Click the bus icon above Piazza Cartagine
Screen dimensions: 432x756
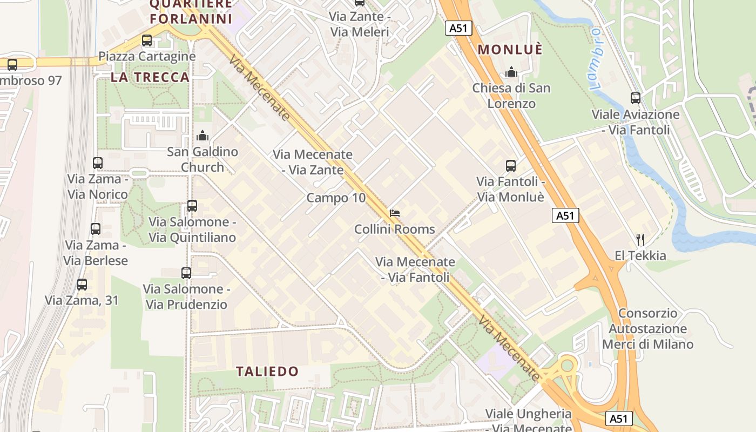coord(146,40)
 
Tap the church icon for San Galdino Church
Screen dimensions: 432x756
coord(202,136)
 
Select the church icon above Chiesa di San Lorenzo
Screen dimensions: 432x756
coord(511,72)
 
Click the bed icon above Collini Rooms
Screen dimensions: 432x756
coord(395,213)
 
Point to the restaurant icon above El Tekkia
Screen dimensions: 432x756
coord(640,239)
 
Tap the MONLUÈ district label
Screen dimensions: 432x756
coord(510,50)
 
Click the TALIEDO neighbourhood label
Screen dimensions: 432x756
coord(267,372)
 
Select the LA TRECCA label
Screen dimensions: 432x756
coord(150,77)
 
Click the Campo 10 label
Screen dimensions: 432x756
coord(336,198)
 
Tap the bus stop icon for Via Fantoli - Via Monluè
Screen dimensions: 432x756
coord(510,166)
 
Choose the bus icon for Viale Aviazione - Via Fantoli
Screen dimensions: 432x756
coord(636,98)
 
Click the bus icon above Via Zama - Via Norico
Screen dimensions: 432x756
coord(97,163)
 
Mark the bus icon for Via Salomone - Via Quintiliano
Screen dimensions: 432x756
coord(192,206)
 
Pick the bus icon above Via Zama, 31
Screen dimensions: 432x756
coord(82,285)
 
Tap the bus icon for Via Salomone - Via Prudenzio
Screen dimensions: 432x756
coord(186,273)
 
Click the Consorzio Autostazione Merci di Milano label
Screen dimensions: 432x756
coord(647,329)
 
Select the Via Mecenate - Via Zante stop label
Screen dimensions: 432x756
coord(313,162)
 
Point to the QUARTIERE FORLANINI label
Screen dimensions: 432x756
coord(191,11)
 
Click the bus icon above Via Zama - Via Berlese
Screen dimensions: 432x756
coord(96,229)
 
